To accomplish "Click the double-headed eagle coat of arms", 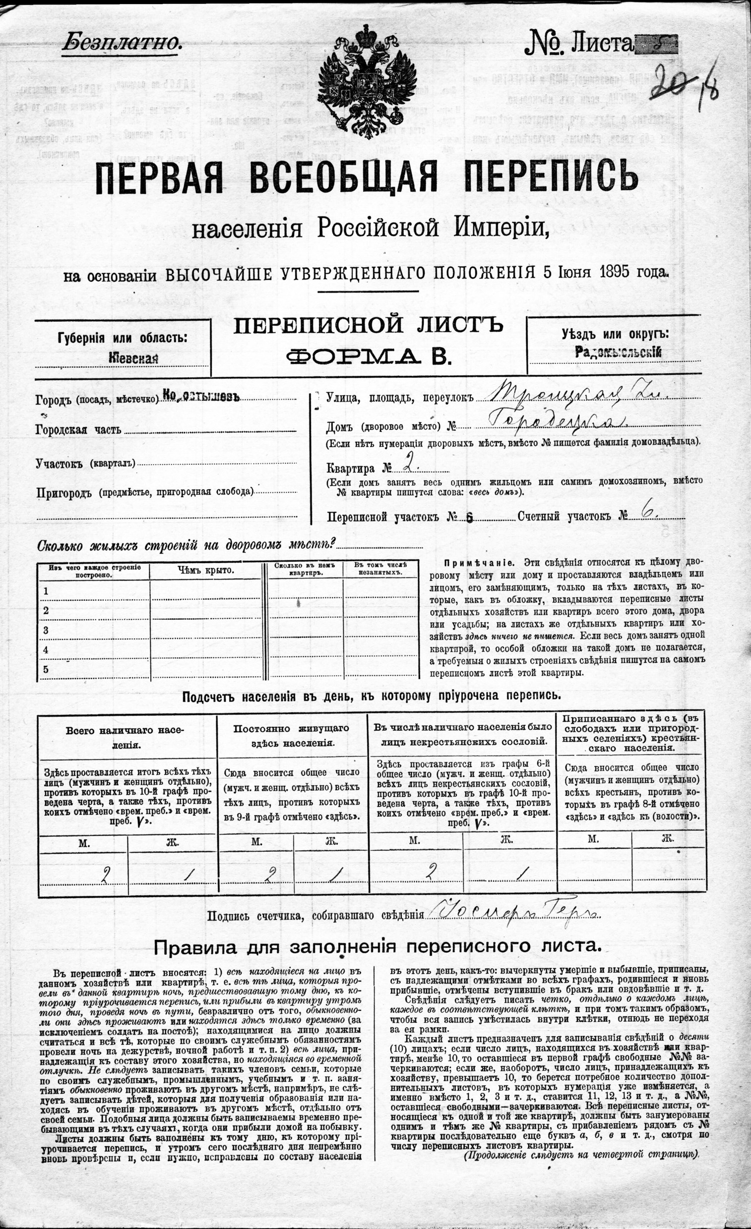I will click(x=367, y=82).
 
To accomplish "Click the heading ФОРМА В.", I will click(x=368, y=356).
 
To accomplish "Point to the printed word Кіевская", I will click(x=134, y=358).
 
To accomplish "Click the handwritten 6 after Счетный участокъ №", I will click(x=649, y=514).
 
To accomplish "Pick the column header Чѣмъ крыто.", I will click(x=205, y=571).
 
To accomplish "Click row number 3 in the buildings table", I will click(x=46, y=631).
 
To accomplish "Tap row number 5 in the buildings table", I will click(x=46, y=669).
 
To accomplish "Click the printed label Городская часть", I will click(x=78, y=430).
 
